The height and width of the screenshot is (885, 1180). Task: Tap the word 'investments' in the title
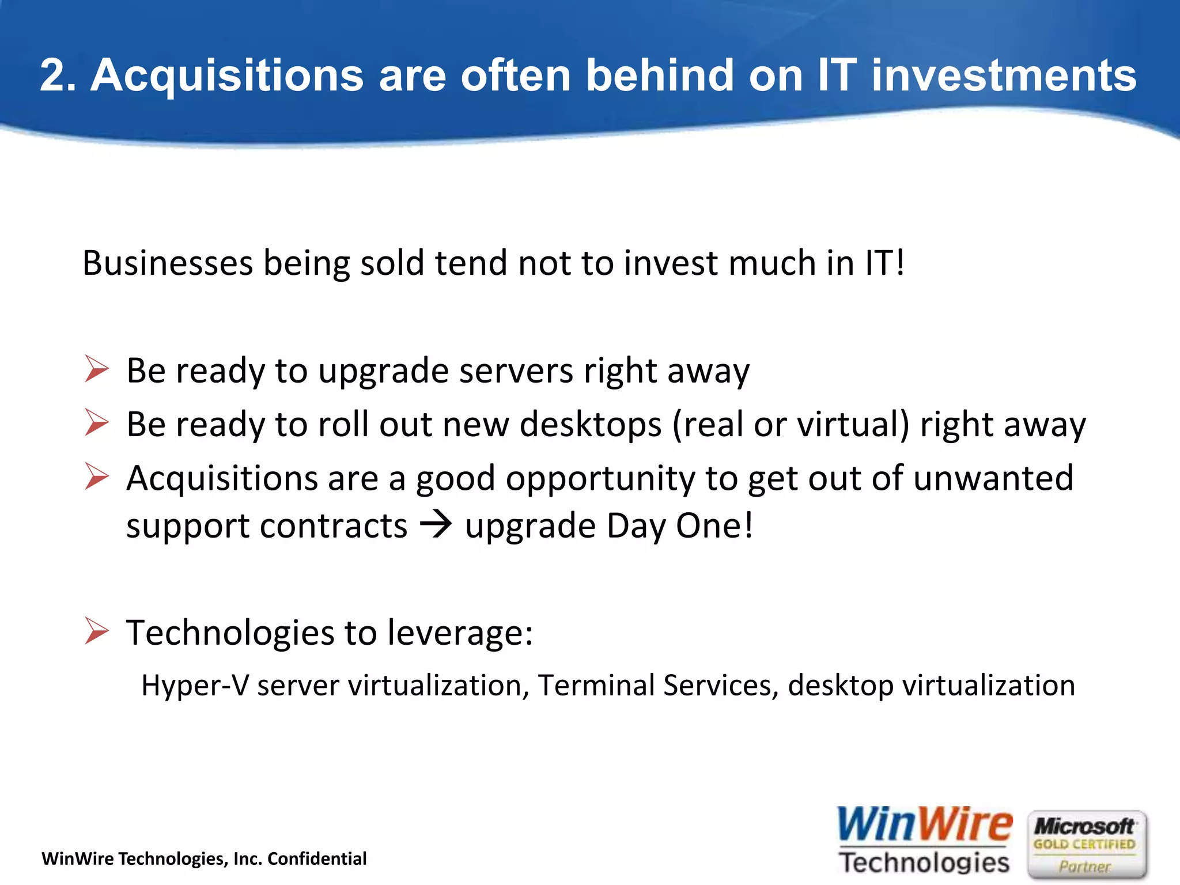click(1004, 75)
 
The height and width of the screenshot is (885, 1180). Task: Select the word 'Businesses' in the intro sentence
click(168, 263)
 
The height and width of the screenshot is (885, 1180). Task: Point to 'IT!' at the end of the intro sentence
click(885, 263)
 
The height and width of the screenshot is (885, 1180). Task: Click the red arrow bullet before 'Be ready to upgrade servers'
click(96, 369)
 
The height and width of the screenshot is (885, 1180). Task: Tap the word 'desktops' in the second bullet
click(591, 425)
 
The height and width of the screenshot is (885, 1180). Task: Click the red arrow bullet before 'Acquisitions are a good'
click(96, 476)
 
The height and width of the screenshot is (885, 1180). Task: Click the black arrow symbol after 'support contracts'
click(436, 525)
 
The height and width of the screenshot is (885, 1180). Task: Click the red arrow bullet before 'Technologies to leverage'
click(96, 630)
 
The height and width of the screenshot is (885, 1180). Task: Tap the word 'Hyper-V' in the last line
click(195, 686)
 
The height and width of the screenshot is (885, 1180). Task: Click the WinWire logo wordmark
click(924, 825)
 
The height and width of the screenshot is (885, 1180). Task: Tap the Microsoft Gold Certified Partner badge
click(1087, 845)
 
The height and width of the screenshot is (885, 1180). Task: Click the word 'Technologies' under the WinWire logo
click(924, 863)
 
